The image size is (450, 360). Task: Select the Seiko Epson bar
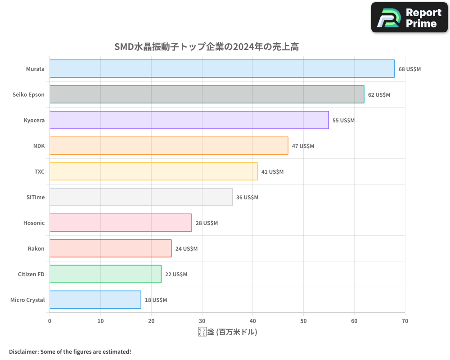(x=207, y=94)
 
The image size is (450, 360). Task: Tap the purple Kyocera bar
(x=189, y=120)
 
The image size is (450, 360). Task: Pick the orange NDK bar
(x=169, y=146)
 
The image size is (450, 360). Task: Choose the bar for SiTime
(x=141, y=197)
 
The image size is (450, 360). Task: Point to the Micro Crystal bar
(x=95, y=300)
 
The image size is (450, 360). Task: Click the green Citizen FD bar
(x=105, y=274)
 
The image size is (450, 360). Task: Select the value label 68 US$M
(x=409, y=69)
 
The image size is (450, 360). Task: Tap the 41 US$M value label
(x=272, y=172)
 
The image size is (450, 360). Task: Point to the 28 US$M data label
(x=207, y=223)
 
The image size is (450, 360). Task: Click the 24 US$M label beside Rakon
(x=186, y=249)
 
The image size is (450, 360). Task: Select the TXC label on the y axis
(x=40, y=172)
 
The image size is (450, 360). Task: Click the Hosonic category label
(x=34, y=223)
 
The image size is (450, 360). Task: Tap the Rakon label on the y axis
(x=36, y=249)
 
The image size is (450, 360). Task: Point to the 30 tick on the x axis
(x=202, y=321)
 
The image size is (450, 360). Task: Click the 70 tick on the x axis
(x=405, y=321)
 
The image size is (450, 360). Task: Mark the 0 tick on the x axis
(x=49, y=321)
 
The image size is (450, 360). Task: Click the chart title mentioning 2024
(x=207, y=47)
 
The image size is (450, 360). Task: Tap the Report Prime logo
(x=409, y=18)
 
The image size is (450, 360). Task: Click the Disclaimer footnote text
(x=70, y=351)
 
